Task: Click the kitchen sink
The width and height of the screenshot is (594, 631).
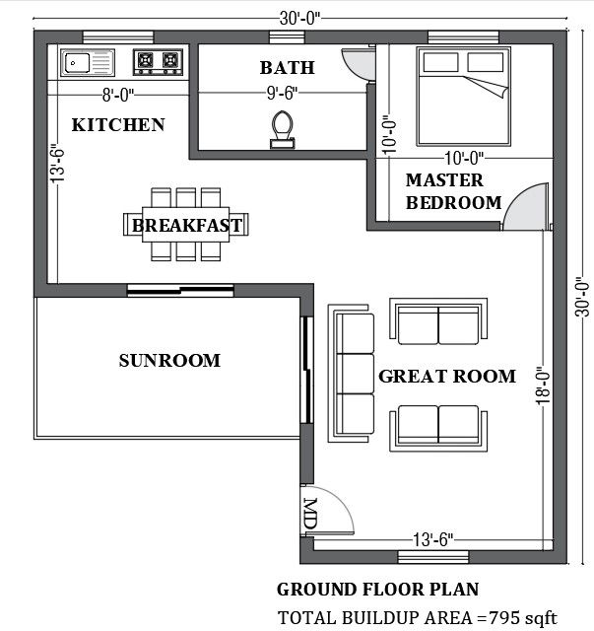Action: pyautogui.click(x=88, y=63)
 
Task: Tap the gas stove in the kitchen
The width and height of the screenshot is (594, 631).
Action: pyautogui.click(x=158, y=62)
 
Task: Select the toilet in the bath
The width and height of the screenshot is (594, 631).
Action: pyautogui.click(x=283, y=129)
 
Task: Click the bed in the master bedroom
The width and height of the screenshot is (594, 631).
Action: pyautogui.click(x=464, y=97)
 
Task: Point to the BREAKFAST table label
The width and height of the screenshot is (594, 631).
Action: pyautogui.click(x=187, y=226)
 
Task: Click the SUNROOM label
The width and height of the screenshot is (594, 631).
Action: pyautogui.click(x=169, y=361)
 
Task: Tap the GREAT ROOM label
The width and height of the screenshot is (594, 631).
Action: pyautogui.click(x=447, y=377)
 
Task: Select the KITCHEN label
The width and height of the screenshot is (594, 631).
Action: pyautogui.click(x=118, y=125)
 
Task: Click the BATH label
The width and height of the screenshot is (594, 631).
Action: pyautogui.click(x=287, y=68)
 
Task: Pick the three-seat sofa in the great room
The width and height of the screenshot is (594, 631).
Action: pyautogui.click(x=352, y=374)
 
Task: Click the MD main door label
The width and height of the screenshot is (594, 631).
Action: pyautogui.click(x=310, y=514)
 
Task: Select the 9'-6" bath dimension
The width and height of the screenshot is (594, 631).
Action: pyautogui.click(x=283, y=94)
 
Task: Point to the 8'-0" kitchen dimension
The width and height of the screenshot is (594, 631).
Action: pyautogui.click(x=118, y=96)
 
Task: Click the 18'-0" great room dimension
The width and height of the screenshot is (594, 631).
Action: pyautogui.click(x=544, y=386)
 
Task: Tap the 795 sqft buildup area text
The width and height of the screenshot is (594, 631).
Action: pyautogui.click(x=523, y=618)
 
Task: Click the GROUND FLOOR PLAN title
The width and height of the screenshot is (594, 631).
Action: pyautogui.click(x=378, y=590)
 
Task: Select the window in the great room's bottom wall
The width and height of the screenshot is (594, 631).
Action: pyautogui.click(x=433, y=557)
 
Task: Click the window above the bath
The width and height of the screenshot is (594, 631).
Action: pyautogui.click(x=287, y=37)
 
